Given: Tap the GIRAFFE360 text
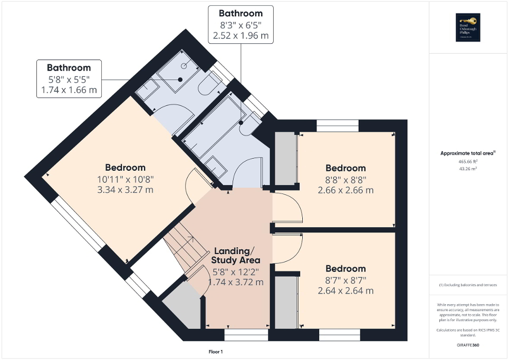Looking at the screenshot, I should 469,346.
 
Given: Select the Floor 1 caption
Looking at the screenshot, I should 216,352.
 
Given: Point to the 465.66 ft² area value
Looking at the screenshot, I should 468,161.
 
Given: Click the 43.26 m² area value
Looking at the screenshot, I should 468,169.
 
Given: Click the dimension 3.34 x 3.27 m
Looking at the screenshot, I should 124,190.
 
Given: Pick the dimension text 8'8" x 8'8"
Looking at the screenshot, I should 345,179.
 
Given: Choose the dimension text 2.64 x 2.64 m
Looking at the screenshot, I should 345,290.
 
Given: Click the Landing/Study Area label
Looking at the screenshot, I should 236,255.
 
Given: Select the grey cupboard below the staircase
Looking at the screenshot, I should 183,311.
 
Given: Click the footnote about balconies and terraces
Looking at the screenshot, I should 468,285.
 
